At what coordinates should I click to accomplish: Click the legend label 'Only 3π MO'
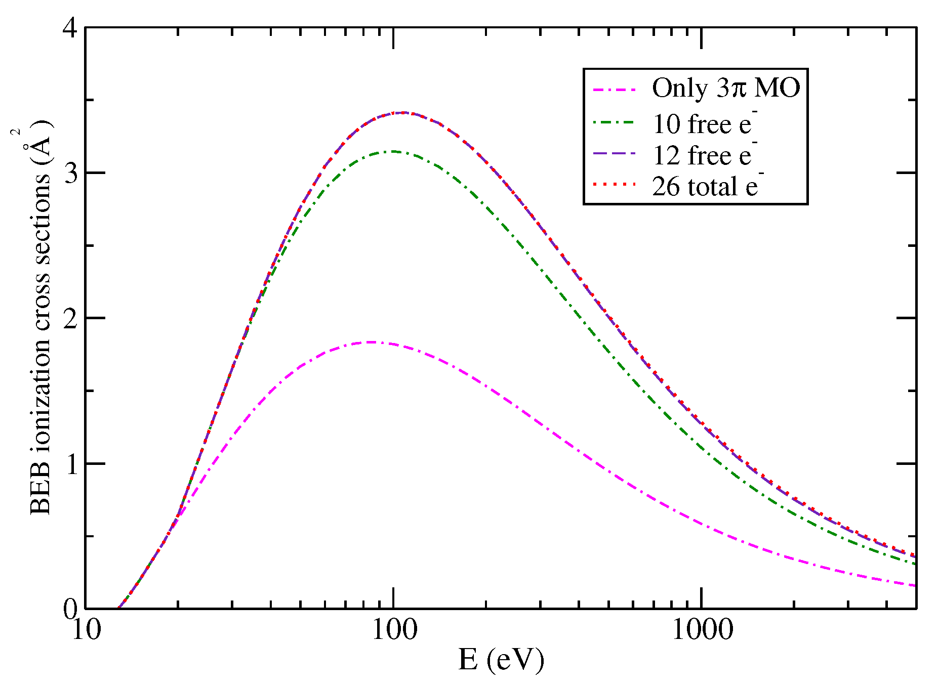[725, 88]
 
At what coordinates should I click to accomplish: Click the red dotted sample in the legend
[614, 185]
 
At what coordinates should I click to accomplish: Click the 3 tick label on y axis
[70, 174]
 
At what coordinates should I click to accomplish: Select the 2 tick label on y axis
[70, 319]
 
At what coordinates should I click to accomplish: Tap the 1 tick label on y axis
[70, 464]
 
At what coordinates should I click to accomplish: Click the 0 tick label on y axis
[70, 609]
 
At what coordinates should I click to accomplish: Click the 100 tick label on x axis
[393, 630]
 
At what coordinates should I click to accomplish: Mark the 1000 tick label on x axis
[702, 630]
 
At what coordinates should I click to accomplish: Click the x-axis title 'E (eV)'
[501, 660]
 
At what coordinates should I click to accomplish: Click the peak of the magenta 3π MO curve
[371, 342]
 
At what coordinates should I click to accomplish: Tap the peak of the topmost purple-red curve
[402, 112]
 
